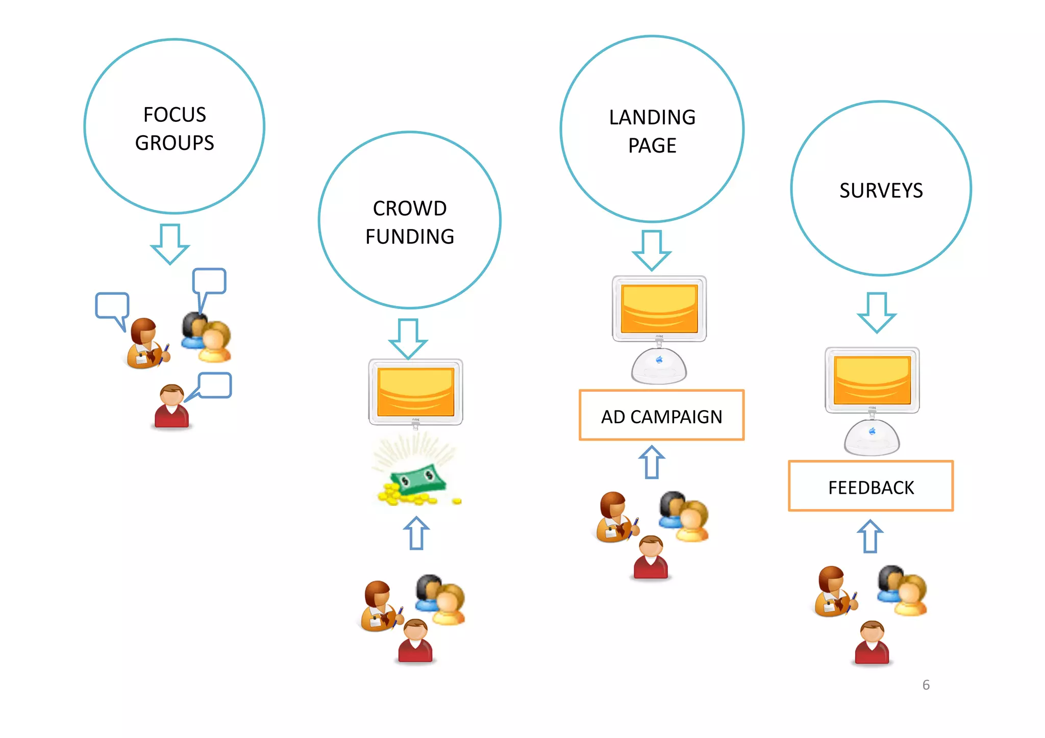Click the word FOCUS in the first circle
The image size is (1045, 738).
pyautogui.click(x=175, y=115)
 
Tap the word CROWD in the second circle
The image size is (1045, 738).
pyautogui.click(x=410, y=209)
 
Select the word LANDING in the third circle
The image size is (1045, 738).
pyautogui.click(x=652, y=118)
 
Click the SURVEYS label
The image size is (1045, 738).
pyautogui.click(x=881, y=191)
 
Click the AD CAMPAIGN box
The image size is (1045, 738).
pyautogui.click(x=661, y=416)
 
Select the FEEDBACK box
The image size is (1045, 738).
pyautogui.click(x=870, y=487)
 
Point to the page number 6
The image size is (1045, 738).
pyautogui.click(x=926, y=685)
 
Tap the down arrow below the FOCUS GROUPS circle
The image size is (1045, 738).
pyautogui.click(x=170, y=243)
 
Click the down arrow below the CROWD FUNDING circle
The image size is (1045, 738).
pyautogui.click(x=408, y=338)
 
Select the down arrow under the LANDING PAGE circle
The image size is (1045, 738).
pyautogui.click(x=652, y=249)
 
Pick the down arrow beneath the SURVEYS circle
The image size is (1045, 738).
pyautogui.click(x=877, y=312)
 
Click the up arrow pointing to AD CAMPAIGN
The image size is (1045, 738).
pyautogui.click(x=652, y=462)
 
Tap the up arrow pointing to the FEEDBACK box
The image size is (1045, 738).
pyautogui.click(x=870, y=536)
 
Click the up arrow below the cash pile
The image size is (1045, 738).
pyautogui.click(x=416, y=533)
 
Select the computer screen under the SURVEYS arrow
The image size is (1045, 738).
pyautogui.click(x=872, y=380)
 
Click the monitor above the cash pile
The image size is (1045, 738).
pyautogui.click(x=415, y=392)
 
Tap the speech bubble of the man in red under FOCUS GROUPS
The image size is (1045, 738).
pyautogui.click(x=214, y=385)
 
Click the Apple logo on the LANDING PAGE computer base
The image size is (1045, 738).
pyautogui.click(x=659, y=360)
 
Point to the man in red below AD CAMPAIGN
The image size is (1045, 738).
pyautogui.click(x=651, y=558)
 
